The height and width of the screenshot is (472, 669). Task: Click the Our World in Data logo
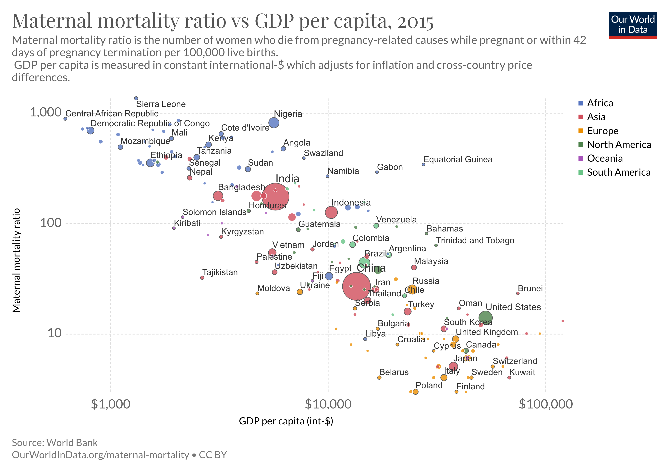coord(633,25)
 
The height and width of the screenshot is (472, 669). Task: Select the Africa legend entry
coord(600,103)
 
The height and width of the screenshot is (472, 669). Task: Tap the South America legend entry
coord(618,172)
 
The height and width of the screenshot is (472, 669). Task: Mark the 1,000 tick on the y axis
coord(46,112)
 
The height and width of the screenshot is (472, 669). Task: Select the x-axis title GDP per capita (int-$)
coord(286,421)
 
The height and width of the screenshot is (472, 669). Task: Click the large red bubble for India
coord(275,196)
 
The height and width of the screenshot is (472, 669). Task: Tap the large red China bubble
coord(356,286)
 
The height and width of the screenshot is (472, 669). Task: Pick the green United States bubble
coord(485,318)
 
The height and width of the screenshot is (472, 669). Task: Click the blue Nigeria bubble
coord(274,123)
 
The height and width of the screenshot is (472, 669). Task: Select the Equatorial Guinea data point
coord(423,165)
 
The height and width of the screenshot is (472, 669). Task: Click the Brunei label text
coord(530,289)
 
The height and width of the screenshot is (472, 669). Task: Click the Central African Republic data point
coord(65,119)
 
